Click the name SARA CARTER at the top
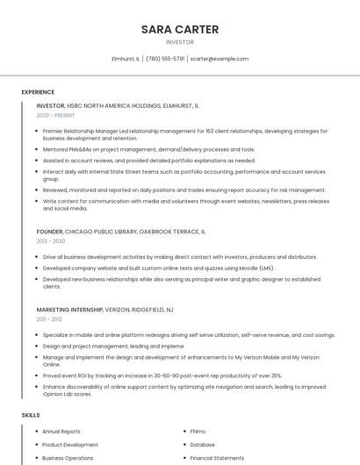coord(180,29)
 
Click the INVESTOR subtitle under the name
coord(180,42)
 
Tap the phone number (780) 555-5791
coord(165,59)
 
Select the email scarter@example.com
coord(220,59)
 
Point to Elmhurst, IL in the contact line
coord(126,59)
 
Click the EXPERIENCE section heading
coord(38,92)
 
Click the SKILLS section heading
coord(31,414)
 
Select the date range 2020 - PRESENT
coord(55,115)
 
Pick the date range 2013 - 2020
coord(51,240)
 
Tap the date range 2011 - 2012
coord(49,319)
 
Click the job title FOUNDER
coord(49,232)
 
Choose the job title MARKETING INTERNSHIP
coord(69,310)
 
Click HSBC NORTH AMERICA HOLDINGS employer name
coord(114,105)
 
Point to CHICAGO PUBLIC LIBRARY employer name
coord(104,232)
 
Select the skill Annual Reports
coord(61,432)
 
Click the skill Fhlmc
coord(198,432)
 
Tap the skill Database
coord(202,445)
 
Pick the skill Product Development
coord(70,445)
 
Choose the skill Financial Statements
coord(217,458)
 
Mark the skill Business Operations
coord(68,458)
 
